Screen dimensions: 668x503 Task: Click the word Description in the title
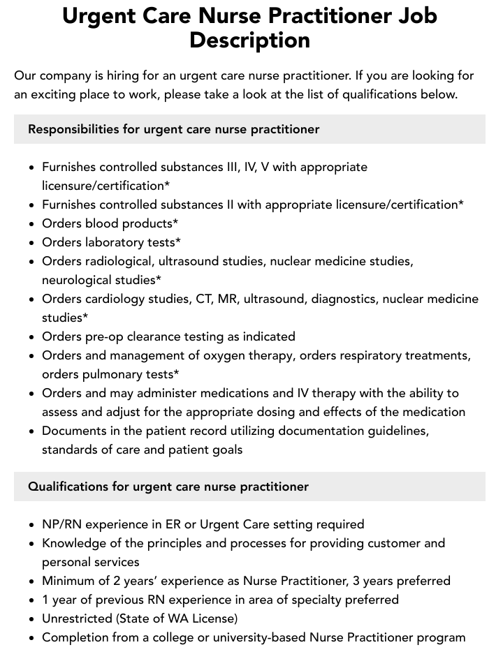pyautogui.click(x=249, y=40)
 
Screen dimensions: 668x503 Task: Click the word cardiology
pyautogui.click(x=114, y=299)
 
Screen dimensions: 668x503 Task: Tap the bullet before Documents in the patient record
pyautogui.click(x=31, y=431)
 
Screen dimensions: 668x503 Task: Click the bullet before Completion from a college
pyautogui.click(x=31, y=637)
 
